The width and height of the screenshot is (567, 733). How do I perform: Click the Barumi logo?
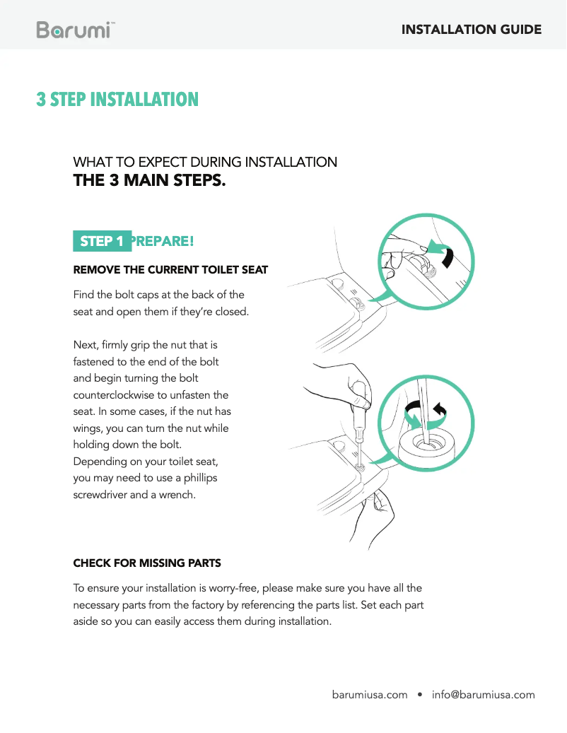tap(75, 30)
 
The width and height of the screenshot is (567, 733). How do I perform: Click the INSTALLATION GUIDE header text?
tap(471, 30)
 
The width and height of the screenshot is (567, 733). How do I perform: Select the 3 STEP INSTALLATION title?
tap(117, 100)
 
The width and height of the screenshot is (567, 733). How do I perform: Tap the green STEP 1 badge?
tap(102, 241)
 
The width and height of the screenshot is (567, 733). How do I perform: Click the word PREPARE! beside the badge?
tap(163, 241)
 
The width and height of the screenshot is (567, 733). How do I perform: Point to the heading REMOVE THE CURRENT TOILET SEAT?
tap(170, 270)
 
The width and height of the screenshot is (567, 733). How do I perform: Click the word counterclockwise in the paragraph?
tap(120, 395)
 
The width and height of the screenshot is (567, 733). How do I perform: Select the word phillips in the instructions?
tap(201, 479)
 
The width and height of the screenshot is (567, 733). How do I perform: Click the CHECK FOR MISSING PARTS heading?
tap(147, 563)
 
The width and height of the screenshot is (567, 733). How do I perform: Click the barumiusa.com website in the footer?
tap(370, 695)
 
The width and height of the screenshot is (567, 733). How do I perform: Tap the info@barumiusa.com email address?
tap(484, 695)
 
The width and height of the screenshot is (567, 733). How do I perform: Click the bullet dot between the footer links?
tap(420, 695)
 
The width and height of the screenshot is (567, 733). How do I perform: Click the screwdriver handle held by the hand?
tap(359, 406)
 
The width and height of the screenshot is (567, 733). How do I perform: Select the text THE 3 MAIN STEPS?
tap(150, 180)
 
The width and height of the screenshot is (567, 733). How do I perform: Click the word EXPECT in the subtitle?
tap(163, 162)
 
